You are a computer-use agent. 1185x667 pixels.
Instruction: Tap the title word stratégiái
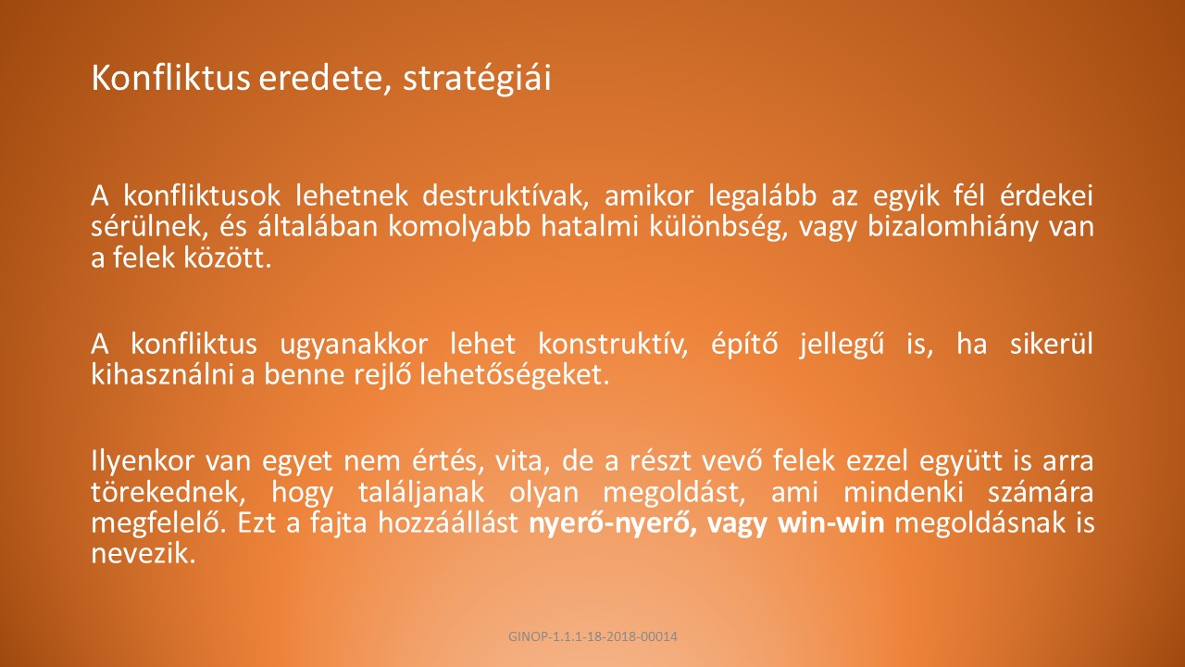point(477,80)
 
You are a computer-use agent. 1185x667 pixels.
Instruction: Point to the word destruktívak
point(505,195)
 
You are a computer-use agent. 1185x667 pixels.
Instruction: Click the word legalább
point(762,196)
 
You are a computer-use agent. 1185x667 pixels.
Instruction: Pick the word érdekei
point(1046,195)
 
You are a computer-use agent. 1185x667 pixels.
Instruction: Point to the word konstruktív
point(613,345)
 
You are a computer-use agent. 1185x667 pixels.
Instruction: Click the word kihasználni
point(162,374)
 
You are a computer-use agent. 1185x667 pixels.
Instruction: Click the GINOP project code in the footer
point(592,636)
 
